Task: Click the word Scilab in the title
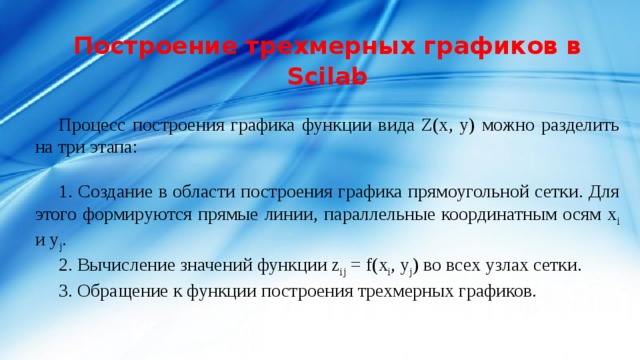(x=326, y=77)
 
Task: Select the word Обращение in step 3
(x=122, y=291)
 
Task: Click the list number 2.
(x=64, y=266)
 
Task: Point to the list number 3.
(x=64, y=291)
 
